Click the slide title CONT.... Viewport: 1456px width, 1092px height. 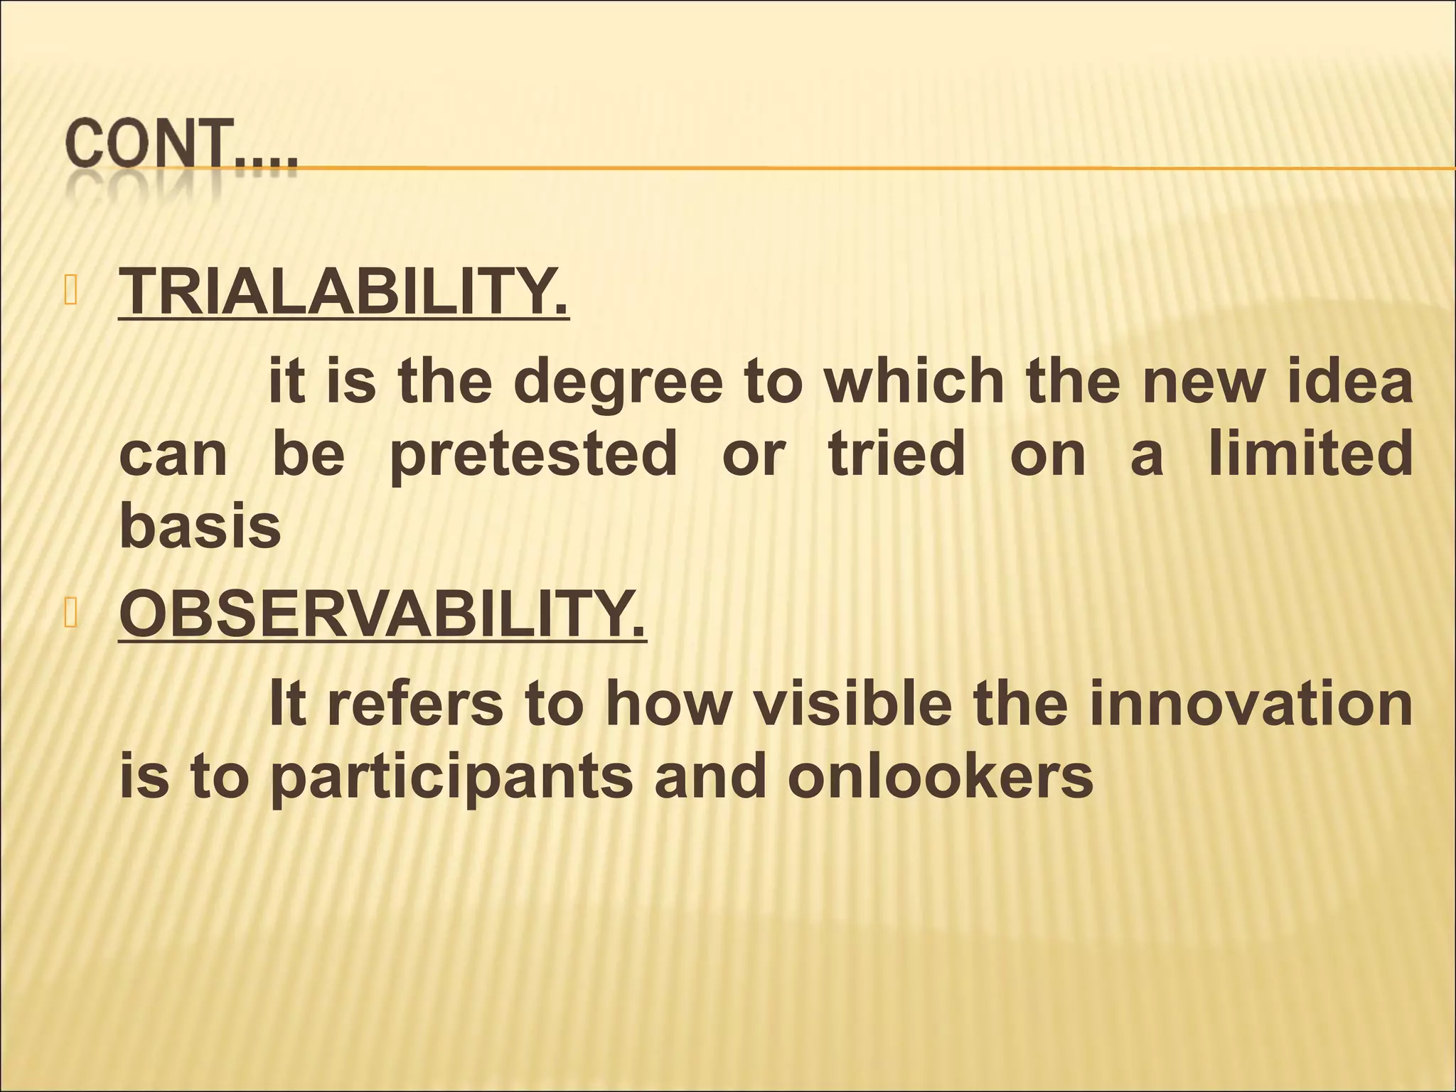coord(181,147)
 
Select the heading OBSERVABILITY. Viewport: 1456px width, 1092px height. coord(382,613)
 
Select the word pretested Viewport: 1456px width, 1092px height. coord(534,456)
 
